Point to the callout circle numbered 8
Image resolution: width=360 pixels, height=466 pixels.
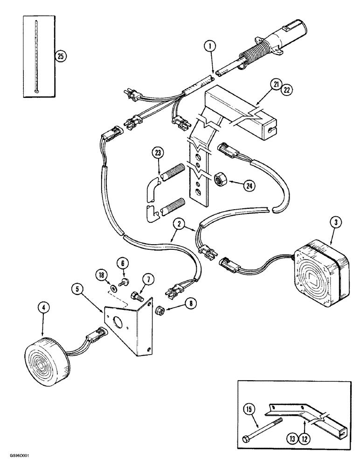[190, 303]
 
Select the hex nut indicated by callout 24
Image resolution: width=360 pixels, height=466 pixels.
[221, 178]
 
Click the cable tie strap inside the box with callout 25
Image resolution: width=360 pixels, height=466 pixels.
[36, 56]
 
